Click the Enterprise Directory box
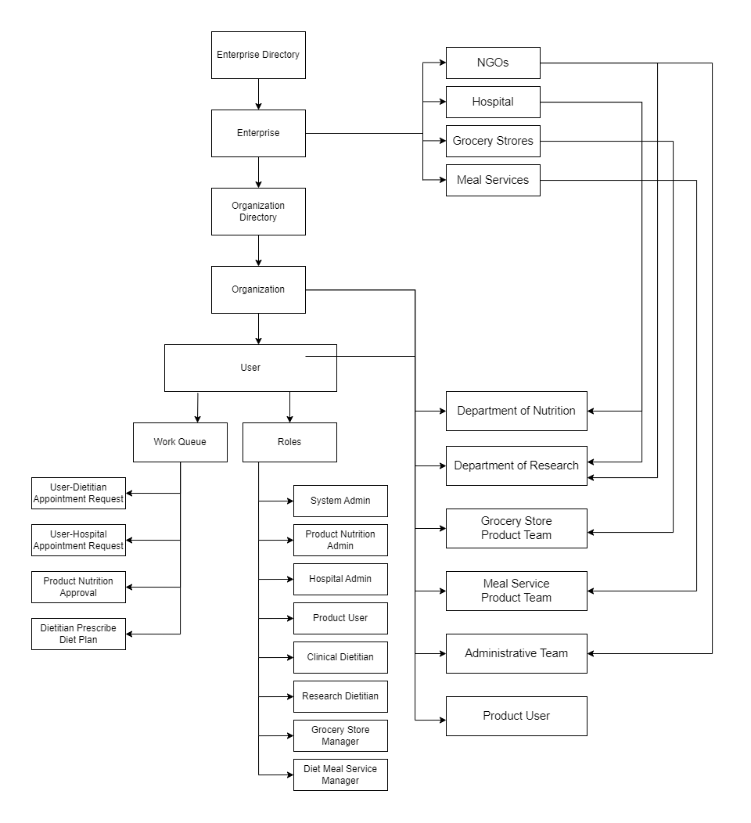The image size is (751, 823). tap(258, 55)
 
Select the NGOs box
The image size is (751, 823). tap(493, 63)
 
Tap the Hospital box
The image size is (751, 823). tap(493, 102)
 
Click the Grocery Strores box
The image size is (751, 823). tap(493, 141)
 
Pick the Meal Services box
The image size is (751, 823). tap(493, 180)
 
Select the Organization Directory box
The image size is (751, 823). tap(258, 211)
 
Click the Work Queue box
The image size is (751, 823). tap(180, 442)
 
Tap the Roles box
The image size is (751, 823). tap(289, 442)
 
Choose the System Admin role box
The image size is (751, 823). tap(340, 501)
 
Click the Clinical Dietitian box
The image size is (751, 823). tap(340, 657)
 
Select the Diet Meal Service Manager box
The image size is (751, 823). tap(340, 774)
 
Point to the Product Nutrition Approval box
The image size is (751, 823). tap(78, 587)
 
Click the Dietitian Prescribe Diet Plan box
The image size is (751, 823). tap(78, 634)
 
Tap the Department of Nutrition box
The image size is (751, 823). tap(516, 411)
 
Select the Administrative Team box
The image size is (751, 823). tap(516, 653)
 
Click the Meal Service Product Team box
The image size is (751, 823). tap(516, 591)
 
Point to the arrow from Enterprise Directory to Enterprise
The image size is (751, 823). tap(258, 94)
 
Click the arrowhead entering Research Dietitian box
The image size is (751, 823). tap(289, 696)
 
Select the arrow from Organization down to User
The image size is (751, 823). tap(258, 329)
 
